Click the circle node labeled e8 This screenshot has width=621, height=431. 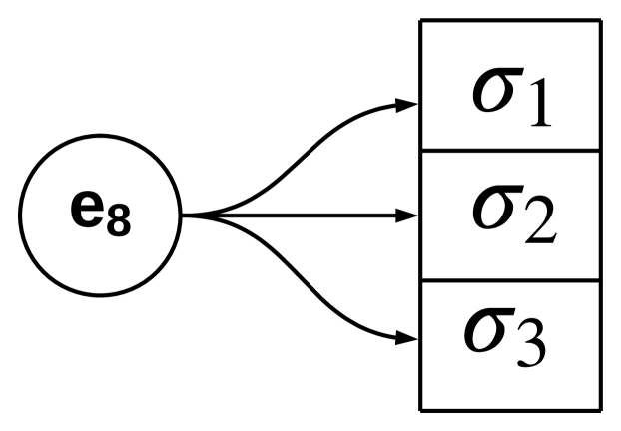click(x=100, y=215)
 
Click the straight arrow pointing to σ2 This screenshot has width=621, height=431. click(x=300, y=215)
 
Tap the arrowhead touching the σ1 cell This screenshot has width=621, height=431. click(x=407, y=103)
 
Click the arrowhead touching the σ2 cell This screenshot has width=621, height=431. click(x=407, y=215)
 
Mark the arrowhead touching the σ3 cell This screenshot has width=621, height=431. click(x=407, y=338)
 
